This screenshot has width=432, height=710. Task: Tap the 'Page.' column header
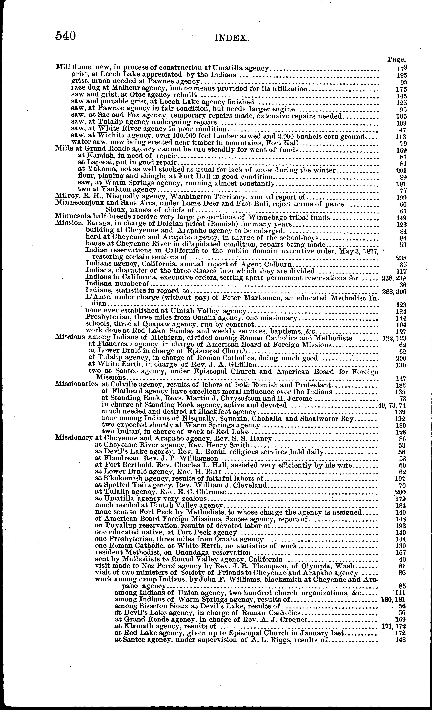(x=396, y=60)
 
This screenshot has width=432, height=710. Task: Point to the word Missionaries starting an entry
(x=76, y=385)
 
